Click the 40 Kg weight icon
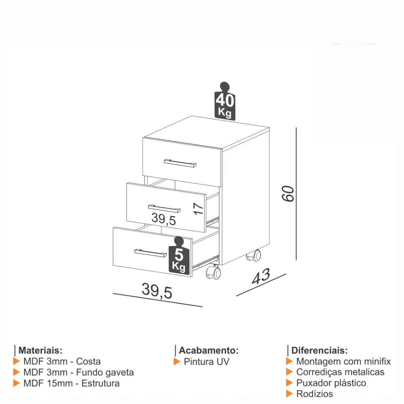[x=225, y=101]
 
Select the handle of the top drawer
[x=180, y=163]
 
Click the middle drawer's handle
[x=164, y=208]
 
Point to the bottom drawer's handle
[x=150, y=253]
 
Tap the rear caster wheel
[x=254, y=256]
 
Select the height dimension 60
[x=288, y=194]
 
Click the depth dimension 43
[x=261, y=276]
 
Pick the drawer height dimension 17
[x=198, y=209]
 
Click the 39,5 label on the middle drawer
[x=164, y=219]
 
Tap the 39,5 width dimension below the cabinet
[x=157, y=291]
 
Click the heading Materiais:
[x=40, y=350]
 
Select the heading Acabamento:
[x=209, y=350]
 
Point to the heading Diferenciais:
[x=320, y=350]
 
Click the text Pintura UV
[x=206, y=362]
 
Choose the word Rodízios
[x=315, y=394]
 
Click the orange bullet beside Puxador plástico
[x=289, y=383]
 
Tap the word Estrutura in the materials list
[x=101, y=383]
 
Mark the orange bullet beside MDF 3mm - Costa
[x=17, y=362]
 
